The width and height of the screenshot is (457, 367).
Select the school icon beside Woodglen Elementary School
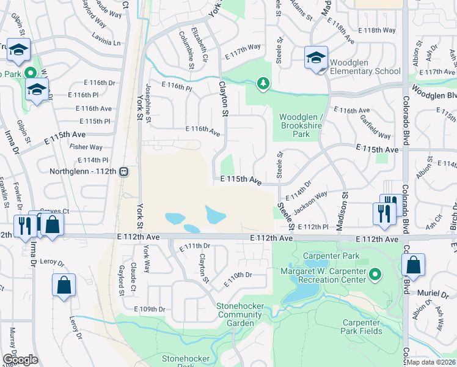click(x=316, y=58)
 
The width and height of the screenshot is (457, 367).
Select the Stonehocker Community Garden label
click(x=239, y=311)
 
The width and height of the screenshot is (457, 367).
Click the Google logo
click(x=20, y=359)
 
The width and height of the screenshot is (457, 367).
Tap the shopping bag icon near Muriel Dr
click(x=414, y=265)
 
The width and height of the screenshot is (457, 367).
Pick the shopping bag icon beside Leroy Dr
click(x=64, y=285)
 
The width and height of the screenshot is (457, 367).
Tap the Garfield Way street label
click(x=375, y=127)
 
